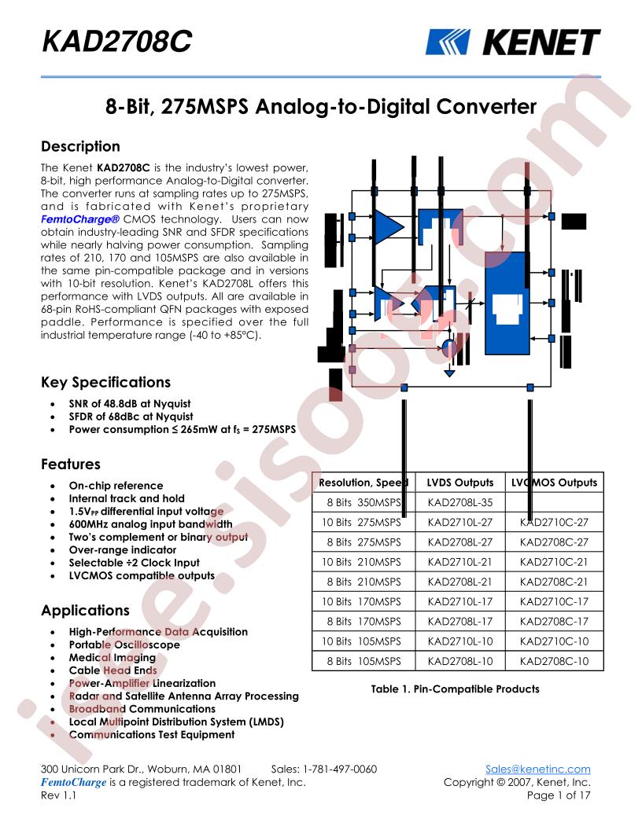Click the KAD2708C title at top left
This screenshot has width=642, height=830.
(x=114, y=42)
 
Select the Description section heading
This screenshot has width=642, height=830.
(x=80, y=146)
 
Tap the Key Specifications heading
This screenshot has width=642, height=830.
(x=105, y=383)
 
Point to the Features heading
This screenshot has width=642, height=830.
(x=70, y=464)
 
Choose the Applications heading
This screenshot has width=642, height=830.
(x=85, y=610)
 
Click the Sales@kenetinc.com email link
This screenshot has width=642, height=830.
(x=538, y=769)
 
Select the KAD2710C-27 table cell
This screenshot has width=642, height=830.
(x=554, y=523)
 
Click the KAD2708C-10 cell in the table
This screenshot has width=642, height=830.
(x=554, y=661)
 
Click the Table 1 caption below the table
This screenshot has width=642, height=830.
(x=455, y=689)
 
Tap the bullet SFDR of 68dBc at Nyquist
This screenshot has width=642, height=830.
(x=131, y=416)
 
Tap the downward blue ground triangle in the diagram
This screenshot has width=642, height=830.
(x=449, y=373)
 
